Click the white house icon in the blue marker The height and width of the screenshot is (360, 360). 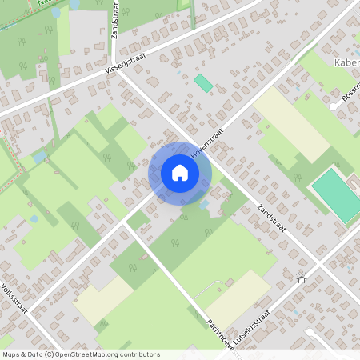[x=180, y=173]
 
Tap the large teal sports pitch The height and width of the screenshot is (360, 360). [x=337, y=194]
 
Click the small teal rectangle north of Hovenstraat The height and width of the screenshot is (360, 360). [x=203, y=82]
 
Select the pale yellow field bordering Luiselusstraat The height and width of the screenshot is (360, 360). [x=238, y=296]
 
